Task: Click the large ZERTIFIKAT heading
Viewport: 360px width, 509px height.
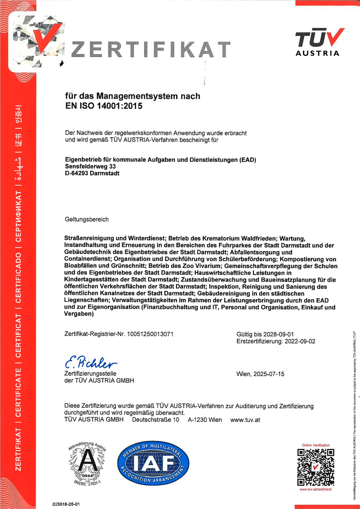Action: [151, 50]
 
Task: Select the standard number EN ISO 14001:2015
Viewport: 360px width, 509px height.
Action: [104, 106]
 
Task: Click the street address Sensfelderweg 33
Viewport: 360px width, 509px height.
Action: [90, 166]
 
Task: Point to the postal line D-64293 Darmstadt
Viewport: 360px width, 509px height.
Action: [92, 173]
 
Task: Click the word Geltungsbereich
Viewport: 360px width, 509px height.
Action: [87, 219]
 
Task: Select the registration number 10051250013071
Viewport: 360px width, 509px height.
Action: [150, 334]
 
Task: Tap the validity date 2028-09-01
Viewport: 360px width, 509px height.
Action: [278, 334]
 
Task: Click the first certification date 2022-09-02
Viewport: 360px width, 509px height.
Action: [300, 341]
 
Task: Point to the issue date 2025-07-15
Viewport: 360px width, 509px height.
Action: [269, 374]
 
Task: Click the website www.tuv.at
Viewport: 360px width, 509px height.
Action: [245, 420]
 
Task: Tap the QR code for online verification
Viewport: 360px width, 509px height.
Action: [316, 467]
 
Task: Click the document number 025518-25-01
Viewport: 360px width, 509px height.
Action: [66, 504]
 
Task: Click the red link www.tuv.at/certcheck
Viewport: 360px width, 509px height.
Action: [316, 489]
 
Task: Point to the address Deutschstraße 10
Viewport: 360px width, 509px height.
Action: [155, 420]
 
